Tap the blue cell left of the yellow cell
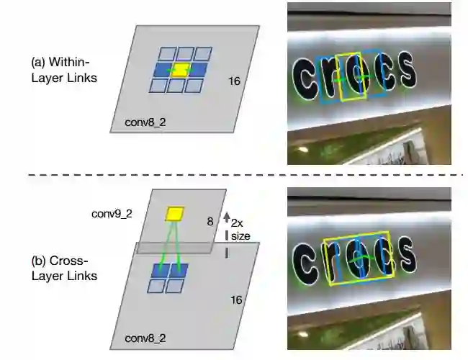[163, 70]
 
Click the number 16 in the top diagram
[233, 81]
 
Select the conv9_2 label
[112, 214]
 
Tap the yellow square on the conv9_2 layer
[175, 213]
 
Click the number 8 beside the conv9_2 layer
[210, 222]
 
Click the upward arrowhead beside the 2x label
[226, 215]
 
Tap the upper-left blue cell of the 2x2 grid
[160, 269]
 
